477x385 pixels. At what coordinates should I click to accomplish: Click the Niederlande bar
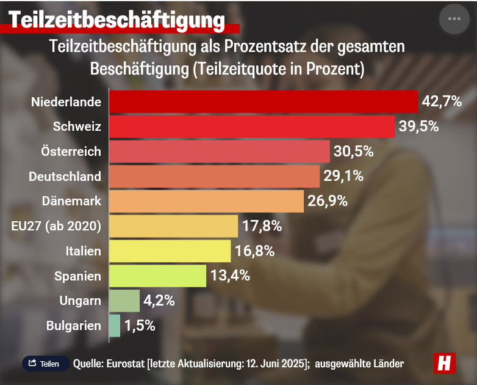[x=264, y=101]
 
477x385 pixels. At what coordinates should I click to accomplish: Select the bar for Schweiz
[x=252, y=127]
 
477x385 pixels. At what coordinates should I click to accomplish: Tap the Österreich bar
[x=220, y=152]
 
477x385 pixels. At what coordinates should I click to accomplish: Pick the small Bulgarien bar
[x=115, y=326]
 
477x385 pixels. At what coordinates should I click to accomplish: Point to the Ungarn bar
[x=124, y=301]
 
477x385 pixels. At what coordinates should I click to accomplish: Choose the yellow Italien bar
[x=170, y=251]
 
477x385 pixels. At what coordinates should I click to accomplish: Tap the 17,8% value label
[x=262, y=226]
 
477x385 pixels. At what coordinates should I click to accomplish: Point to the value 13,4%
[x=231, y=276]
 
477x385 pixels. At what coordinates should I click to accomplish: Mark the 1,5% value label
[x=140, y=326]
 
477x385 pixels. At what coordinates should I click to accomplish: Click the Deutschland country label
[x=65, y=177]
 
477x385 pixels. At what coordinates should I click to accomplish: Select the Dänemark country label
[x=71, y=201]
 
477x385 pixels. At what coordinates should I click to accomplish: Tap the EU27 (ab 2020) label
[x=56, y=226]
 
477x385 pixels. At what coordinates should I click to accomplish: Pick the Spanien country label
[x=77, y=276]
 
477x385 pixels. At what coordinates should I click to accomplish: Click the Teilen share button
[x=45, y=364]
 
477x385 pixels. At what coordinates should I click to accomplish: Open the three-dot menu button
[x=454, y=18]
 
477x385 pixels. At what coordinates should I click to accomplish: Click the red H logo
[x=445, y=363]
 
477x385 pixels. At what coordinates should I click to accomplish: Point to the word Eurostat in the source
[x=125, y=364]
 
